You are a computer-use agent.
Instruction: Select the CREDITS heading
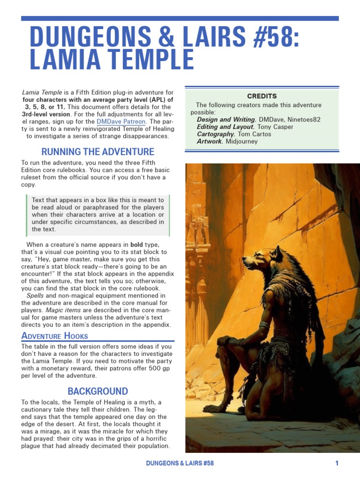pos(262,96)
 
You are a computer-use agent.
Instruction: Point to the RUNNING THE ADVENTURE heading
pos(97,152)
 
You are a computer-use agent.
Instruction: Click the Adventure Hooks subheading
pos(54,336)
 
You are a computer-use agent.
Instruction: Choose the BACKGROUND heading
pos(97,391)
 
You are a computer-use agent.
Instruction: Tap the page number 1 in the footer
pos(337,464)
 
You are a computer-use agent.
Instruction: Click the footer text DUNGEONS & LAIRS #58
pos(180,464)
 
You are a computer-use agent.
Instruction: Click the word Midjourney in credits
pos(241,141)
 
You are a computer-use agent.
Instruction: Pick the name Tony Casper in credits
pos(275,127)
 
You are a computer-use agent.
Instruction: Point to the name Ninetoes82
pos(304,120)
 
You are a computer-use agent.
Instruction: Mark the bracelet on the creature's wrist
pos(263,325)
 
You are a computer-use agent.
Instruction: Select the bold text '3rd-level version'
pos(45,114)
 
